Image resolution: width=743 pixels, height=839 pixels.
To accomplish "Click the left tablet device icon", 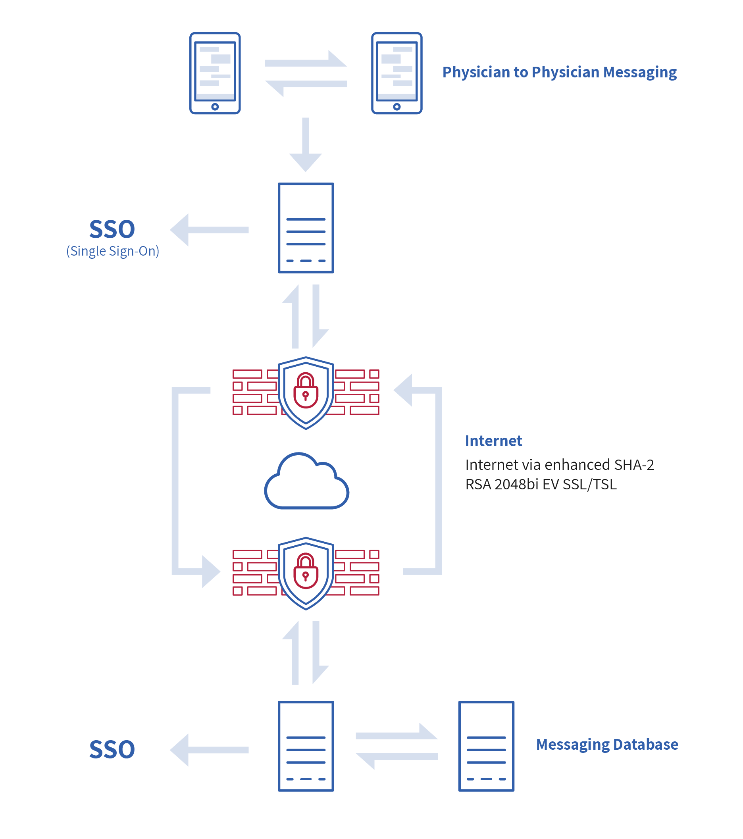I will coord(215,73).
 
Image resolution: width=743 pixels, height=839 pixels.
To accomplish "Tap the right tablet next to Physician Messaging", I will coord(397,73).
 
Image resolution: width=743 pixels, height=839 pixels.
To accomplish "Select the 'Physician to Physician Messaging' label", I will coord(559,72).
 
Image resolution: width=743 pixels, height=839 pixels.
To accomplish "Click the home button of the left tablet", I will coord(215,107).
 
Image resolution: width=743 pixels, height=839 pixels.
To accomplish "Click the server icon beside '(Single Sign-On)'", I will coord(306,228).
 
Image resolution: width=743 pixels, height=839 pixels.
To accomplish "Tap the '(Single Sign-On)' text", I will coord(112,251).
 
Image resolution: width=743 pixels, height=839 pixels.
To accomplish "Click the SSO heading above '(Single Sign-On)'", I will coord(112,229).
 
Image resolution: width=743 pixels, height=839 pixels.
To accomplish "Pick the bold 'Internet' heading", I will coord(493,441).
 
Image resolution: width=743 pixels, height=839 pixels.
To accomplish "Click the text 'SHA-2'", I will coord(634,465).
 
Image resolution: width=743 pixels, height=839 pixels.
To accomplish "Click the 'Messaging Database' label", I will coord(607,744).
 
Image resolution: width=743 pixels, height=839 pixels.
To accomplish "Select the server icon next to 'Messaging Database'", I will coord(486,746).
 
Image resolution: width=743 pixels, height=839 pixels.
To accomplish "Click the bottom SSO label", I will coord(112,750).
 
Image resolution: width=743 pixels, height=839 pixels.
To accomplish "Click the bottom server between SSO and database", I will coord(306,746).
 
